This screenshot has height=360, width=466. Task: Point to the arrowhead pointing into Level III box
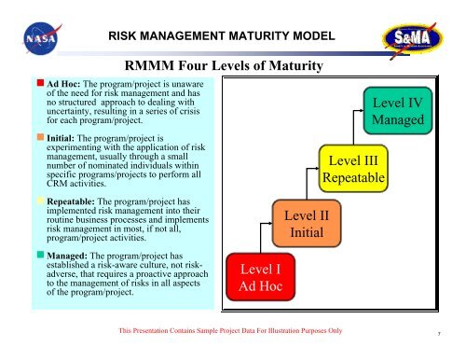[315, 165]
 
